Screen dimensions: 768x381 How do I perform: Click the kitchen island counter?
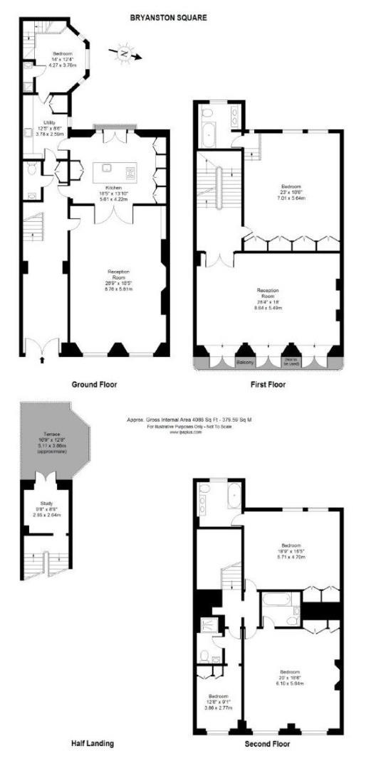click(115, 172)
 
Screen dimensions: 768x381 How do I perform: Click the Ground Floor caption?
click(94, 384)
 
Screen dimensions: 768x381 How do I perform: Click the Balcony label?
click(244, 361)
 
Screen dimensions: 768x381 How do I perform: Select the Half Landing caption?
click(92, 744)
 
